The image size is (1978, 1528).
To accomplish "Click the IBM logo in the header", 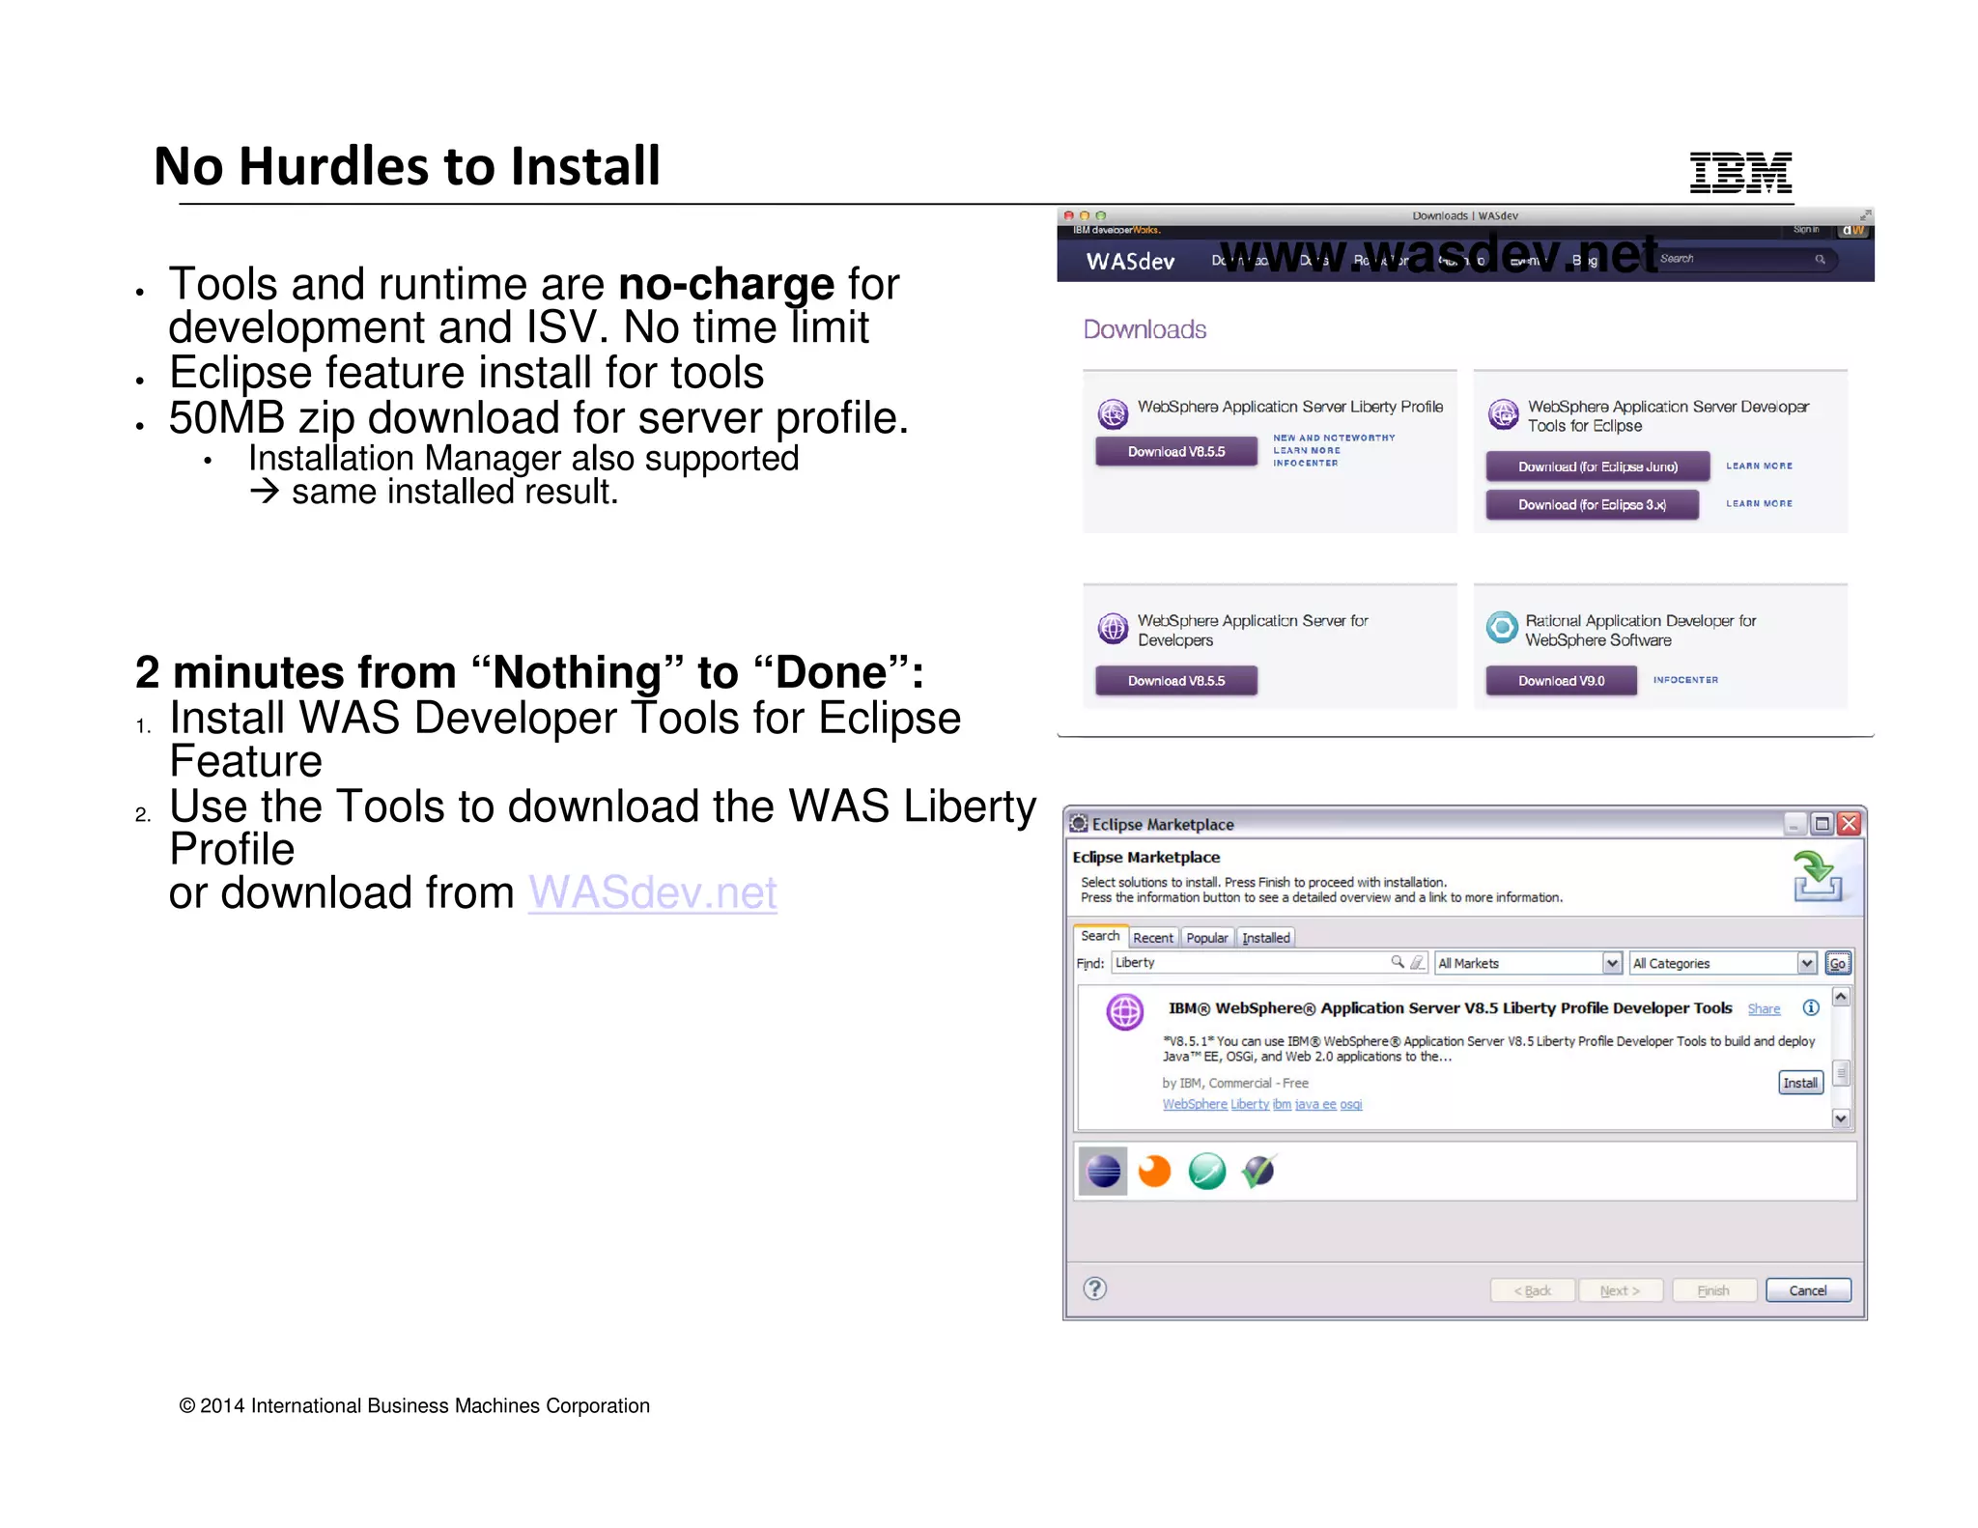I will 1740,173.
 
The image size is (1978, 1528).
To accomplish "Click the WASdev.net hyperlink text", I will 652,892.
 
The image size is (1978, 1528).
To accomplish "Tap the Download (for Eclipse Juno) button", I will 1597,467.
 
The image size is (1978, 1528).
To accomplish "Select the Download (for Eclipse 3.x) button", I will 1592,504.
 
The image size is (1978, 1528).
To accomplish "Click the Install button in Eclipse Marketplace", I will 1799,1083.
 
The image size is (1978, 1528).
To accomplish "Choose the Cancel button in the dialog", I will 1807,1290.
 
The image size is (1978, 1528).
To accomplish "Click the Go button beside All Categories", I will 1837,963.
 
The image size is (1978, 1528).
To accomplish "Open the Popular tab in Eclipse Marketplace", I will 1206,938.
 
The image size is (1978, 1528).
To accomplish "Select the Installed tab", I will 1265,938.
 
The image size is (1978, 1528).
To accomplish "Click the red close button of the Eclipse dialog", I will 1849,824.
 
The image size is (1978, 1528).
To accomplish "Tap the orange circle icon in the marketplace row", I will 1154,1172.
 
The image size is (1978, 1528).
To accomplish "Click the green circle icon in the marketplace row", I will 1206,1172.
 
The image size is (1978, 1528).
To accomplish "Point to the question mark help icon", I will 1094,1288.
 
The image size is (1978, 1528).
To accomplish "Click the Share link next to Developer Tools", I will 1764,1009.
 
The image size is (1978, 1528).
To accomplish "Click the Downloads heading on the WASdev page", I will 1144,329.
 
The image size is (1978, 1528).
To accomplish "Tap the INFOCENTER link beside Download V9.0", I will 1685,680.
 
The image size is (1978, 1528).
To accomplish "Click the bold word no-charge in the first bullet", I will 725,284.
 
